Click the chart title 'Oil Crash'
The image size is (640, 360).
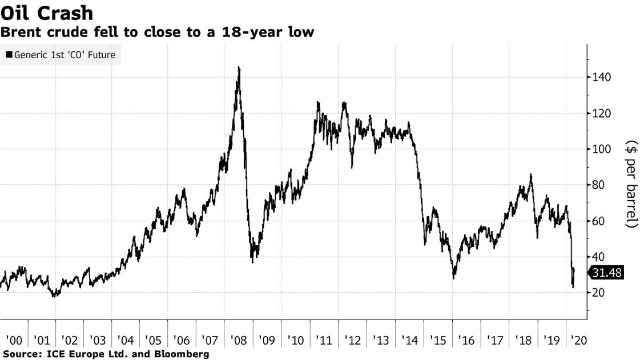click(47, 13)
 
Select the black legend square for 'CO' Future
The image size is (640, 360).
click(9, 55)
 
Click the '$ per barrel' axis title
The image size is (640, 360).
click(631, 184)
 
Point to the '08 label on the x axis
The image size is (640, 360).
click(238, 341)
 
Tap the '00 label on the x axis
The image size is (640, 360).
click(13, 341)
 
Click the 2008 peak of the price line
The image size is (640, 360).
click(239, 67)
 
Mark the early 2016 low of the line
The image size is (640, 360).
click(454, 278)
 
